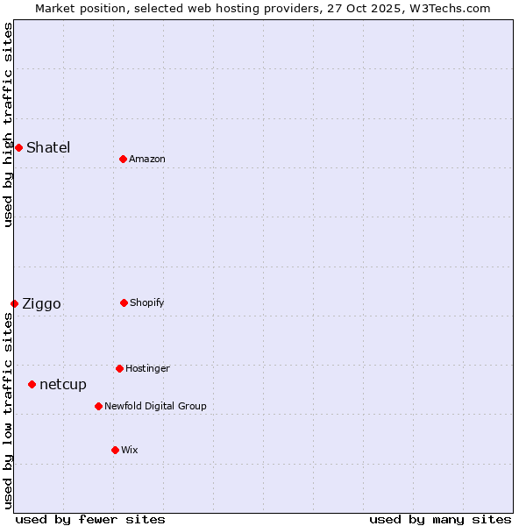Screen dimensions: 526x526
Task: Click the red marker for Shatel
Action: pos(18,147)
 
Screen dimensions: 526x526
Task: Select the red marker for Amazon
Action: pos(123,159)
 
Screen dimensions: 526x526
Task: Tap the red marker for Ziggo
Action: pos(14,303)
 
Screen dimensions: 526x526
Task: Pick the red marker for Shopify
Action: pos(124,302)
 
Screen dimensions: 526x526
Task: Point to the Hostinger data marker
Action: pos(119,368)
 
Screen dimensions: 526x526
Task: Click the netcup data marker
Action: pos(32,384)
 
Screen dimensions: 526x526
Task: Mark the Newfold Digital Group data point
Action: pos(98,406)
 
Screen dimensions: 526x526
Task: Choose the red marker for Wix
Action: pos(115,450)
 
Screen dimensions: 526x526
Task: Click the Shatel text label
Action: pos(48,147)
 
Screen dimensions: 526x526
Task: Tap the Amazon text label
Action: pos(147,159)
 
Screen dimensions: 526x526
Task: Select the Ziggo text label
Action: pos(41,304)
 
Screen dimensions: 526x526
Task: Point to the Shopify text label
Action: pos(147,302)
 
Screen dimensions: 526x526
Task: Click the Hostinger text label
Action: pos(147,368)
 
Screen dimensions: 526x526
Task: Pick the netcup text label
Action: pos(63,385)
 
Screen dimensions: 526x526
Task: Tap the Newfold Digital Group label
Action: pos(155,406)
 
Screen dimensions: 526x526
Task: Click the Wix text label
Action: pos(130,450)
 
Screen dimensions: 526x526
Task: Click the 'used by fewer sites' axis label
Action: pos(90,519)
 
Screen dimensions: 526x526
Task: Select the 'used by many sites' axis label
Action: pos(440,519)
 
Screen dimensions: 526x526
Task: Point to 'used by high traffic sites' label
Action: pos(9,124)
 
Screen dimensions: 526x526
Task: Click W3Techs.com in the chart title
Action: pos(447,8)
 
